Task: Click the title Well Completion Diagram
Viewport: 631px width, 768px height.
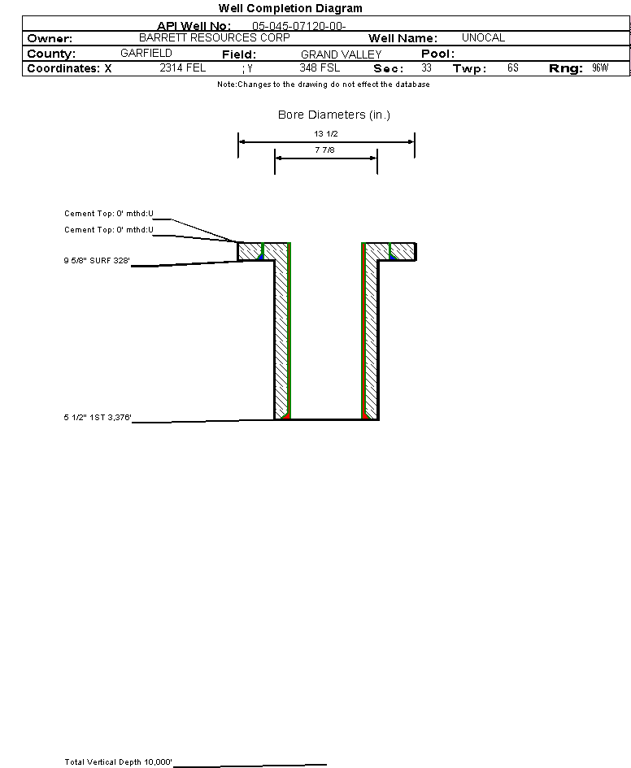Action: click(x=290, y=8)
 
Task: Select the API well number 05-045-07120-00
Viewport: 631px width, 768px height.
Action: click(x=298, y=26)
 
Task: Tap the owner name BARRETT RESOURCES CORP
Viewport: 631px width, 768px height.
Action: click(x=214, y=38)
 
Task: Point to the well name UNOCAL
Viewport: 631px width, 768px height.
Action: click(x=483, y=38)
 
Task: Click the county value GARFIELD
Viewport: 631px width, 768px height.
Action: click(x=146, y=53)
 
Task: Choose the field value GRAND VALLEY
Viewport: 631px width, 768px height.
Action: click(x=341, y=54)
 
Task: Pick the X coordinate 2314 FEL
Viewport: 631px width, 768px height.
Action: click(x=183, y=68)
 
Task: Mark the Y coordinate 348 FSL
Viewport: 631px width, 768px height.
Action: click(x=320, y=68)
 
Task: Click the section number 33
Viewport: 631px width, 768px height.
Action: click(x=427, y=68)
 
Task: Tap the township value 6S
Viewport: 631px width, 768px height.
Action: click(x=512, y=68)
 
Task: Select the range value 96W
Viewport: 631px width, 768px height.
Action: click(x=600, y=68)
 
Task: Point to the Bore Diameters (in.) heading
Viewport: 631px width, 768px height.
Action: click(x=334, y=115)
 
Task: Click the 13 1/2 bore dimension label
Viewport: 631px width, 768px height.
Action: click(x=326, y=134)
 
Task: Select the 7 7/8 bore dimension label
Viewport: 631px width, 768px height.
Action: click(x=326, y=150)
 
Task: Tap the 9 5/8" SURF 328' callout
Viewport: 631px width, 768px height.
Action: click(x=98, y=261)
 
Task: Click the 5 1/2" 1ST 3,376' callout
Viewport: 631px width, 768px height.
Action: click(x=98, y=418)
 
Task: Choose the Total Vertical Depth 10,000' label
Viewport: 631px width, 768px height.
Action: click(x=119, y=762)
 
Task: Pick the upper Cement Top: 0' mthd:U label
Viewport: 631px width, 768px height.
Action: click(x=109, y=214)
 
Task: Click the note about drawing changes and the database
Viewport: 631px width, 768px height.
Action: click(x=324, y=85)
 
